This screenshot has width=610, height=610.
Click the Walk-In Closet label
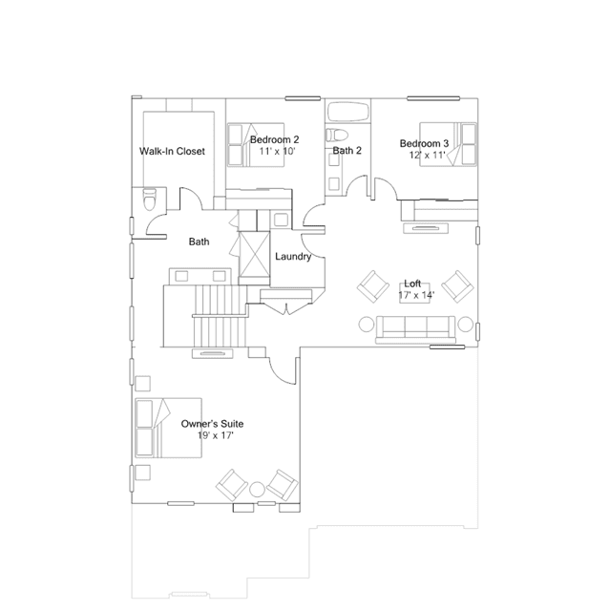point(172,152)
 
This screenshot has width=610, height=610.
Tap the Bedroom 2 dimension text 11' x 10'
point(278,151)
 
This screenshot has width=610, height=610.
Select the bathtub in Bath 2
point(347,112)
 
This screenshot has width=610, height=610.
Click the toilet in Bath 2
point(337,136)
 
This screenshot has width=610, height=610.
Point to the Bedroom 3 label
point(424,143)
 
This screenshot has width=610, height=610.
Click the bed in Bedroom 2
point(256,145)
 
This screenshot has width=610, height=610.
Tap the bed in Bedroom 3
point(448,144)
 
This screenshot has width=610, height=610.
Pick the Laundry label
point(293,257)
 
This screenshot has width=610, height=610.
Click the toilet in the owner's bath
point(149,199)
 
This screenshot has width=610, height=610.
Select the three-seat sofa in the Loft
point(415,329)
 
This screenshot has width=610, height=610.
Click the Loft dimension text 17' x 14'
point(416,295)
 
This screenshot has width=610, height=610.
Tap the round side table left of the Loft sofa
point(366,325)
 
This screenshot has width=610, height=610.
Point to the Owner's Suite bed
point(168,428)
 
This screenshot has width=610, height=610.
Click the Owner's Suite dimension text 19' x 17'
point(215,435)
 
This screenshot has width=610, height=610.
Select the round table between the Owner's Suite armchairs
point(257,490)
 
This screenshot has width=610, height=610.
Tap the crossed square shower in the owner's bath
point(254,254)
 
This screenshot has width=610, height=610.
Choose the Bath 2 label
point(347,151)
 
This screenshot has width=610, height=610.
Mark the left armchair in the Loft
point(373,287)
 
